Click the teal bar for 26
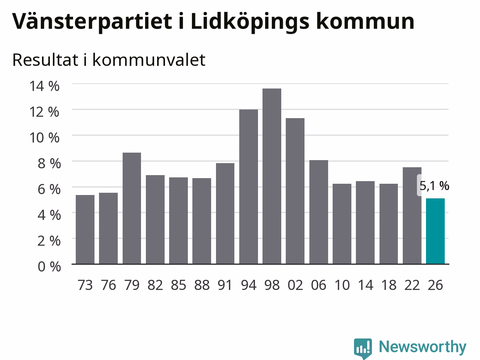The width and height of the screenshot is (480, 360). pos(435,231)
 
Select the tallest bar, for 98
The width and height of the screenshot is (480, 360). pos(272,176)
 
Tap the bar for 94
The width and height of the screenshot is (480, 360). pos(248,187)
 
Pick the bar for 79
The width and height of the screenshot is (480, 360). pos(132,208)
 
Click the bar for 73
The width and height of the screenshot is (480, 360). pos(85,229)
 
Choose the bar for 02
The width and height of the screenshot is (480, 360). pos(295,191)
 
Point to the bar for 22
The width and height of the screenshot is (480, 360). pos(412,216)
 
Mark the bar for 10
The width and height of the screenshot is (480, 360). pos(342,224)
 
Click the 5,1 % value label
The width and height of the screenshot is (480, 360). pos(434,186)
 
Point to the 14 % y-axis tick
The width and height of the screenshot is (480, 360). pos(44,86)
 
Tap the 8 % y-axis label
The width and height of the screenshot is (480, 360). pos(49,163)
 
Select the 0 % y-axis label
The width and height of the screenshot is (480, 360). pos(49,267)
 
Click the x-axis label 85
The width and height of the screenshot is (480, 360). pos(178,285)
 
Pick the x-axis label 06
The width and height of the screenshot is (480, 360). pos(319,285)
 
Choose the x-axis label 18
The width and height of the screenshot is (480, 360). pos(389,285)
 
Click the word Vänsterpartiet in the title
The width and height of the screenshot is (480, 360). pos(92,22)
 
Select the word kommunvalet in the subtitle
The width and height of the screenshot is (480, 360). pos(149,60)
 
